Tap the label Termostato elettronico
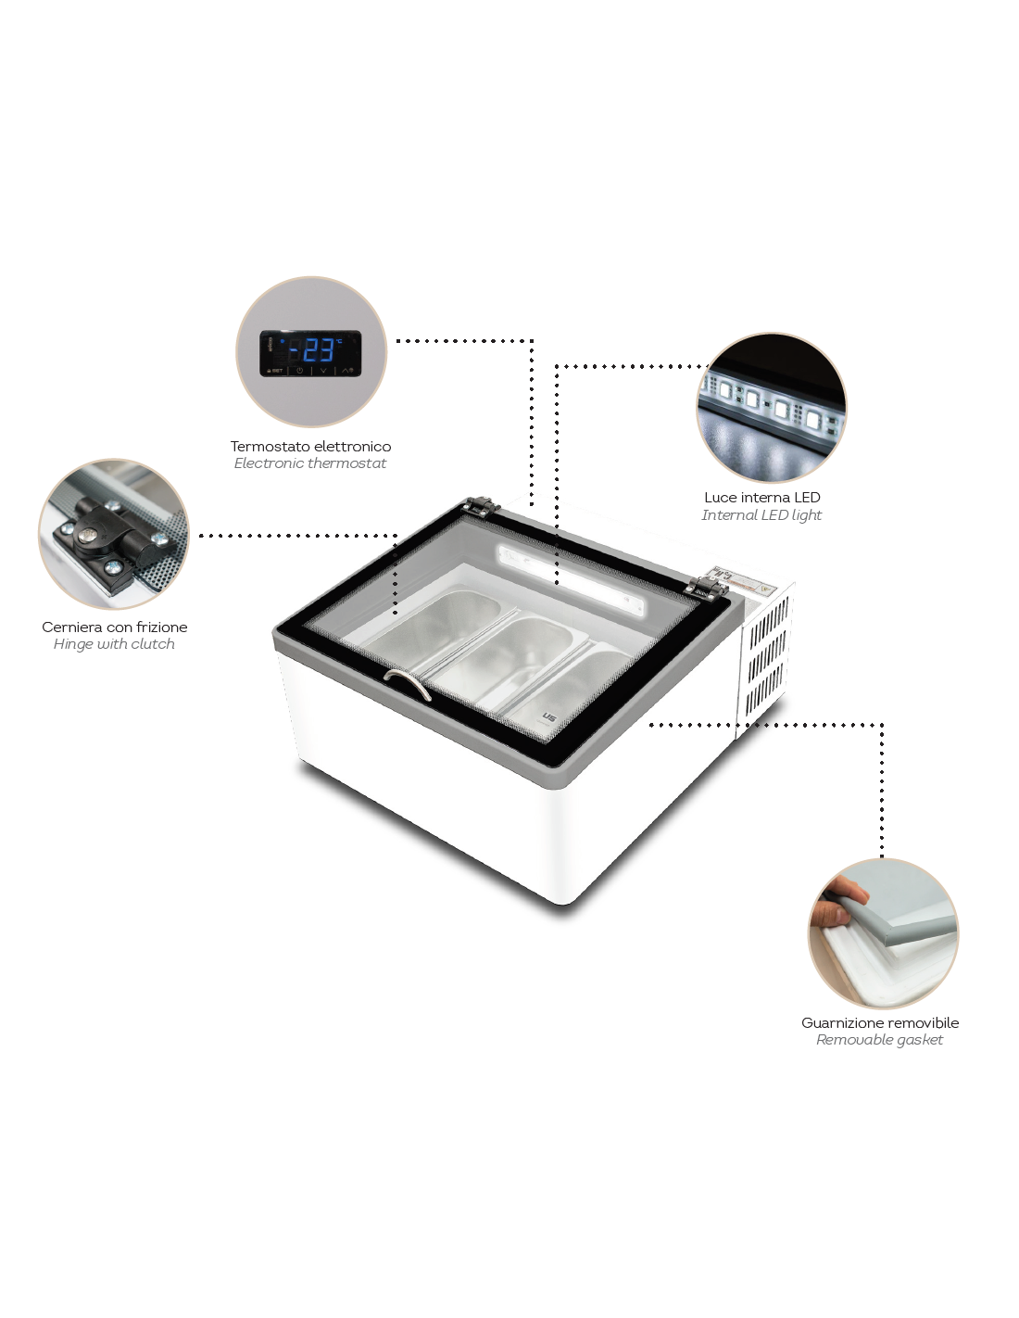[310, 447]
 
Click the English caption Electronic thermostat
[309, 463]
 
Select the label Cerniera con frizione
[115, 627]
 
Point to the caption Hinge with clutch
[114, 644]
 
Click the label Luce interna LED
[762, 498]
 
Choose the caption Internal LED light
[761, 515]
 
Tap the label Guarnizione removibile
[879, 1022]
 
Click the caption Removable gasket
[879, 1040]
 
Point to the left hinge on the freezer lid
[480, 506]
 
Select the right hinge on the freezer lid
[707, 587]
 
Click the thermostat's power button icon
[299, 370]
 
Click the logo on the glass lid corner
[549, 716]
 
